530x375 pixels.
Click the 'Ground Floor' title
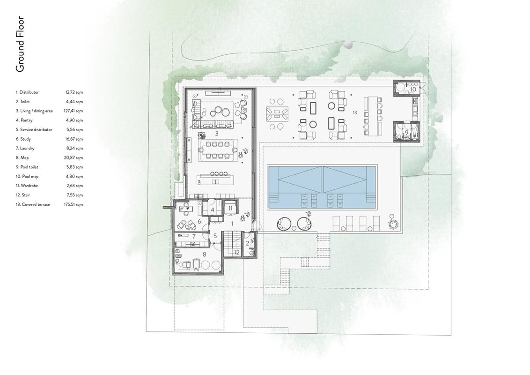20,44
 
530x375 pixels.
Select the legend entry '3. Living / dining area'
34,111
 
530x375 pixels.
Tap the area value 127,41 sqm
74,111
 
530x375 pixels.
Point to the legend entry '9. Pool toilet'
27,167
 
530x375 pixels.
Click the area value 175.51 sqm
74,204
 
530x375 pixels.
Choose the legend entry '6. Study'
23,139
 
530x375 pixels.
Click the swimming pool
322,187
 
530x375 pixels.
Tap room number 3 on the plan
216,134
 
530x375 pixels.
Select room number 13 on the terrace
354,112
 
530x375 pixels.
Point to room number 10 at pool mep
412,90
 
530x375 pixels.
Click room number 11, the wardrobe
230,209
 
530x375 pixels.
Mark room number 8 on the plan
204,254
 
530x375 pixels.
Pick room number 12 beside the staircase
236,252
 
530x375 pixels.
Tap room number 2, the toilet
247,243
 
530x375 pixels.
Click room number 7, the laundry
194,236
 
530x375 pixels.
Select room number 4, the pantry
212,210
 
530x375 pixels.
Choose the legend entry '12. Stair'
23,195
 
